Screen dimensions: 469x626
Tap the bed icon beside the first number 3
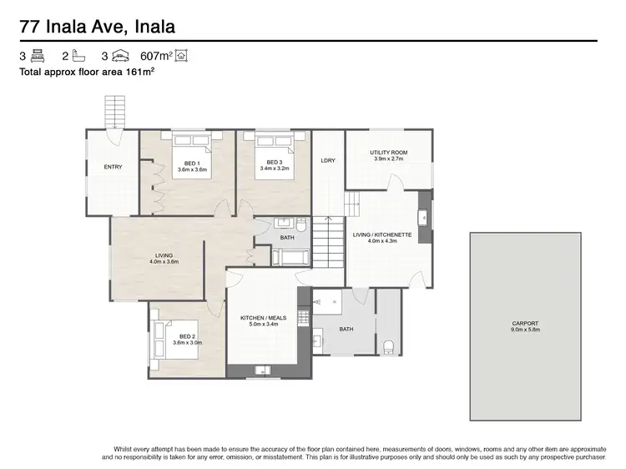(37, 57)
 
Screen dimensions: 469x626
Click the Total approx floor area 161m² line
(87, 73)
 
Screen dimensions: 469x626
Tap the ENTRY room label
(113, 167)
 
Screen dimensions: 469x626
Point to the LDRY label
(328, 160)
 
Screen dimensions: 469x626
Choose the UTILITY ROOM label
(389, 153)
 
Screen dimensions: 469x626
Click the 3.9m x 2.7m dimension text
(389, 159)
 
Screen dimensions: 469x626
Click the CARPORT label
(525, 323)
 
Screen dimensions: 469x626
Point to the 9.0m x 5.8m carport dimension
(525, 330)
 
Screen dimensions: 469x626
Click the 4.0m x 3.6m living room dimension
(164, 262)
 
